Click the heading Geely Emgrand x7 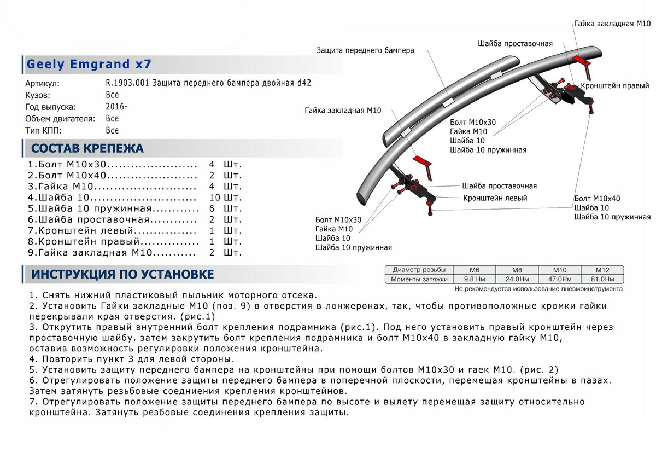pos(89,65)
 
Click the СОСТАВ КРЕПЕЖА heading pos(87,148)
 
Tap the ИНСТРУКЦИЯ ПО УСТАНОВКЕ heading pos(122,274)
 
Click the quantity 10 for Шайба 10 pos(214,197)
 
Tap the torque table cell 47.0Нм pos(560,279)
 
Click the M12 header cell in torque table pos(602,270)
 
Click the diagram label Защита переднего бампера pos(365,50)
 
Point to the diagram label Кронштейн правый pos(614,86)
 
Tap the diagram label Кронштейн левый pos(495,198)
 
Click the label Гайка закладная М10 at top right pos(612,24)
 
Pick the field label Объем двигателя pos(60,119)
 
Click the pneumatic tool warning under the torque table pos(538,288)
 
